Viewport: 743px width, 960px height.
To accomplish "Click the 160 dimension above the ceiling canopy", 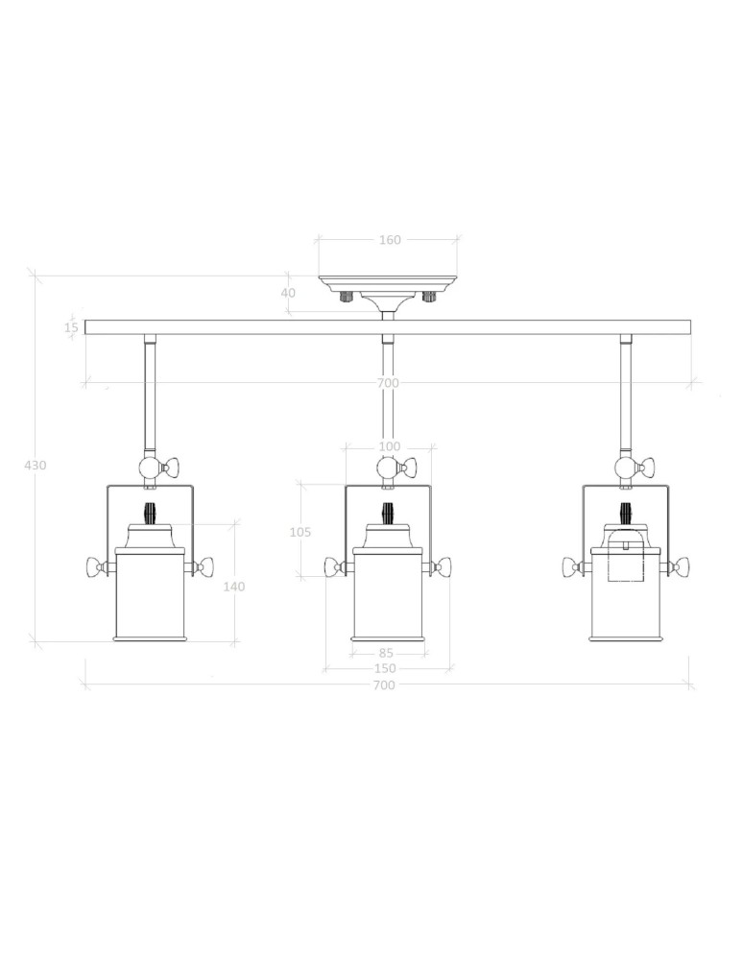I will tap(390, 240).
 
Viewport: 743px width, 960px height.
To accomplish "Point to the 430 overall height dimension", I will tap(35, 465).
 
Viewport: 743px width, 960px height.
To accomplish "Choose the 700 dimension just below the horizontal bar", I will tap(388, 383).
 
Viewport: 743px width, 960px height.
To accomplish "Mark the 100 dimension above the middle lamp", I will tap(390, 446).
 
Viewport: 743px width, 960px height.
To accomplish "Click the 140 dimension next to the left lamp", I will tap(233, 587).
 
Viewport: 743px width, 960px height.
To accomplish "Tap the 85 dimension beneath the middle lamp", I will tap(386, 654).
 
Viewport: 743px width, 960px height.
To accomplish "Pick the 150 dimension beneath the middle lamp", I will tap(385, 669).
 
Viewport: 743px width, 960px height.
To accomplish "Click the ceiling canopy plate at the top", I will tap(388, 282).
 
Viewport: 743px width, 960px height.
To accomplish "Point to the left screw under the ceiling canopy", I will tap(345, 296).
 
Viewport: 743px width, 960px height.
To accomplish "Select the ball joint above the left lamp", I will tap(150, 468).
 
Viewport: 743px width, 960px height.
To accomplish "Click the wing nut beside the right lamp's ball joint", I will tap(648, 468).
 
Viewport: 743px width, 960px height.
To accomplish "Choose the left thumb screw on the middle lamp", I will tap(333, 567).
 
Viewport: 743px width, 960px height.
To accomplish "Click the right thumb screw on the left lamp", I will tap(204, 567).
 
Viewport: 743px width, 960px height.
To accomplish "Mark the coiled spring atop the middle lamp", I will tap(388, 513).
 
